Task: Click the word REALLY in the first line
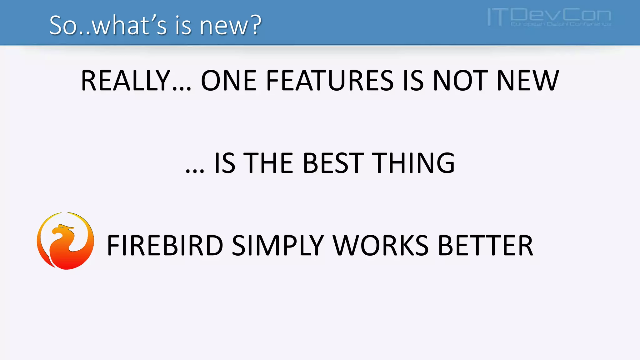pyautogui.click(x=125, y=81)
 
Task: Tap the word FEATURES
pyautogui.click(x=330, y=81)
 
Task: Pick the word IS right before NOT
pyautogui.click(x=413, y=81)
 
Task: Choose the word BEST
pyautogui.click(x=333, y=163)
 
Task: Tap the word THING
pyautogui.click(x=415, y=163)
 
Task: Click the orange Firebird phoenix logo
pyautogui.click(x=65, y=241)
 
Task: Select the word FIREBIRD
pyautogui.click(x=165, y=246)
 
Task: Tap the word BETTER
pyautogui.click(x=486, y=246)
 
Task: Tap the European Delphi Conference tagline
pyautogui.click(x=561, y=24)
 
